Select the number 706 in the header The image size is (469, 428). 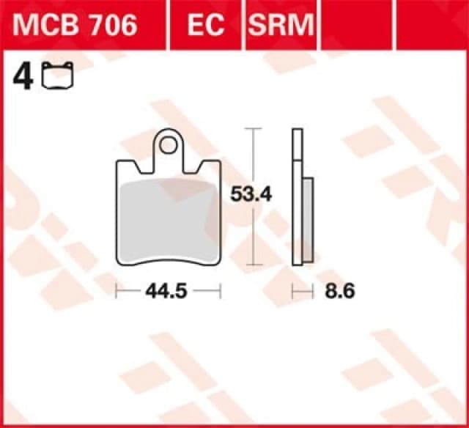(x=111, y=26)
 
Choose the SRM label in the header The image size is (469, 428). (x=280, y=26)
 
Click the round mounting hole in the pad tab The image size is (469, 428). (x=169, y=144)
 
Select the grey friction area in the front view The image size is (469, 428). (x=169, y=220)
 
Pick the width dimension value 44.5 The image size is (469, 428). (x=167, y=292)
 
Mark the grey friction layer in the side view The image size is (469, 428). (x=308, y=220)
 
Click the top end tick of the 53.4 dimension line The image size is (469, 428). (x=253, y=129)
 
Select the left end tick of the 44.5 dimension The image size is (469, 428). (x=117, y=292)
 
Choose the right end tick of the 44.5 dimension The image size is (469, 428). (x=220, y=292)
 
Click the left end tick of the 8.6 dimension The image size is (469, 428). (x=293, y=292)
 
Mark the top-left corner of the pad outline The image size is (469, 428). (x=118, y=160)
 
